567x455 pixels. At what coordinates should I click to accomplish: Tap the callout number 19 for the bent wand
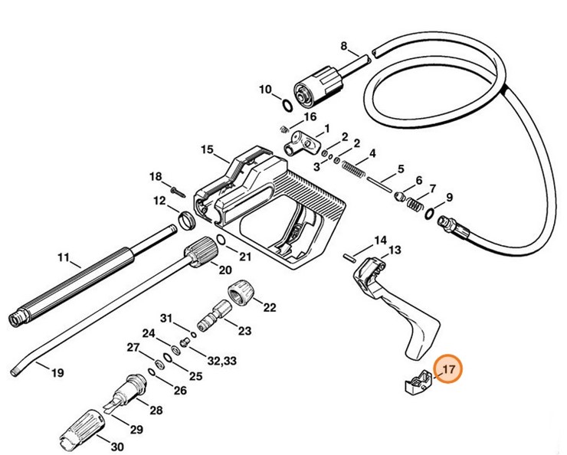click(57, 373)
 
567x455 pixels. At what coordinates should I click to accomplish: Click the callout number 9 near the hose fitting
click(449, 198)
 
